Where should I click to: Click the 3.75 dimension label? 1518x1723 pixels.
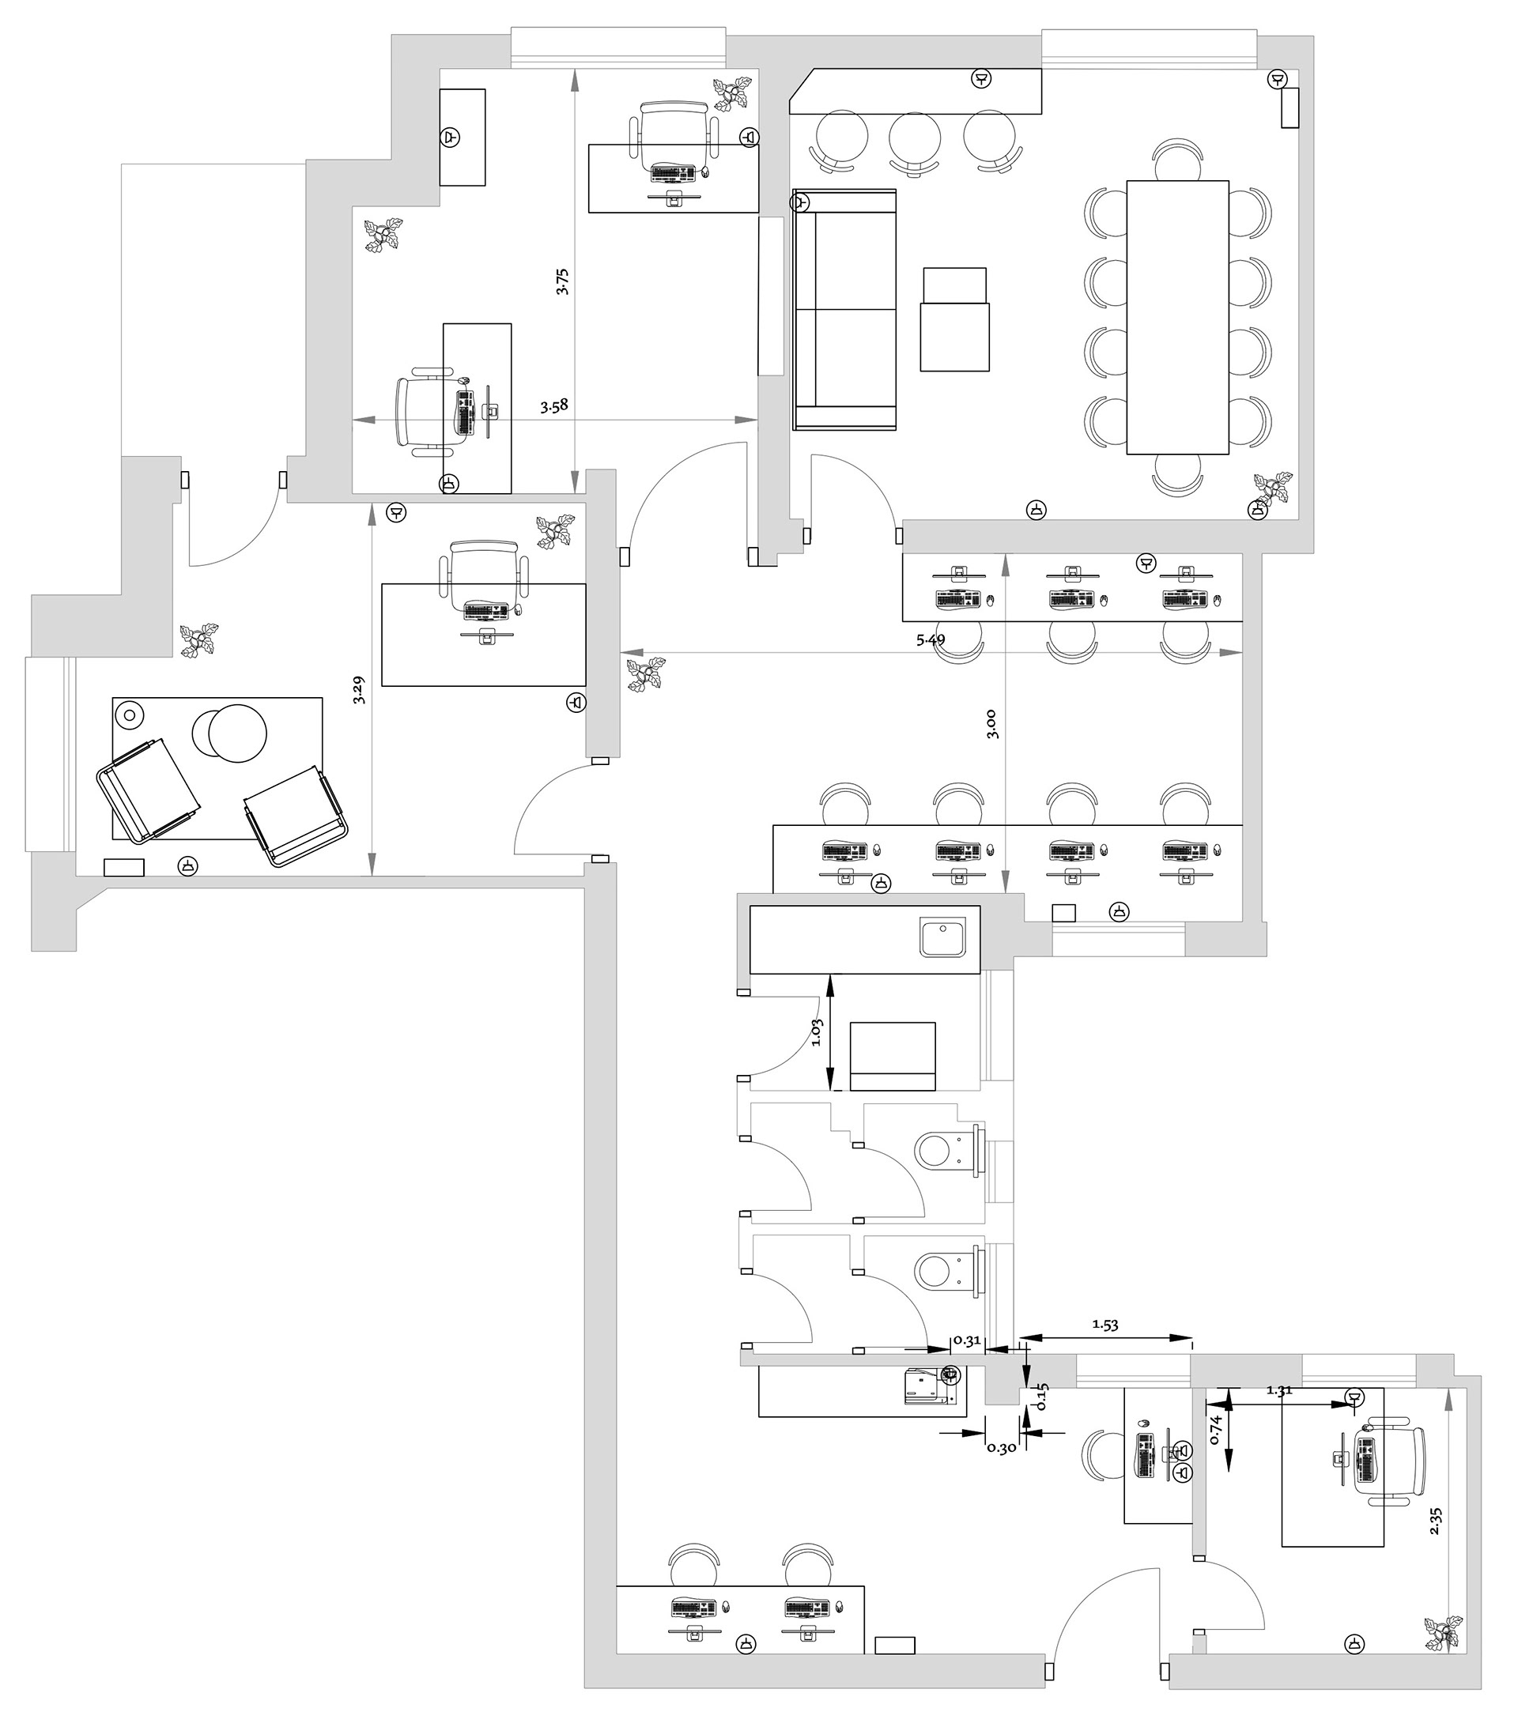pyautogui.click(x=562, y=281)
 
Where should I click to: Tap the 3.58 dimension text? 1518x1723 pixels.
pyautogui.click(x=554, y=405)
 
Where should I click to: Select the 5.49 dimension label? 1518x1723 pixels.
pyautogui.click(x=931, y=640)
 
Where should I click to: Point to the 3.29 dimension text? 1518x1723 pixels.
pyautogui.click(x=359, y=690)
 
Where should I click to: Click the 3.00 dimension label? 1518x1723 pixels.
pyautogui.click(x=991, y=724)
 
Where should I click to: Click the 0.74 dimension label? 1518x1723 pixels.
pyautogui.click(x=1215, y=1430)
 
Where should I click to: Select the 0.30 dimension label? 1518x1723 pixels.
pyautogui.click(x=1001, y=1448)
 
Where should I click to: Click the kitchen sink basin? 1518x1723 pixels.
pyautogui.click(x=943, y=938)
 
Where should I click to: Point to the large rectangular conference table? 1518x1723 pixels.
pyautogui.click(x=1177, y=317)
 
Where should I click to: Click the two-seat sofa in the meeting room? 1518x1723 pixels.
pyautogui.click(x=844, y=309)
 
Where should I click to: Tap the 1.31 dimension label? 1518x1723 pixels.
pyautogui.click(x=1279, y=1390)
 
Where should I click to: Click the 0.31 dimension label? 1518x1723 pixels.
pyautogui.click(x=966, y=1341)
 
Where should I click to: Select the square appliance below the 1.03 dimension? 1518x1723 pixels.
pyautogui.click(x=893, y=1057)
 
